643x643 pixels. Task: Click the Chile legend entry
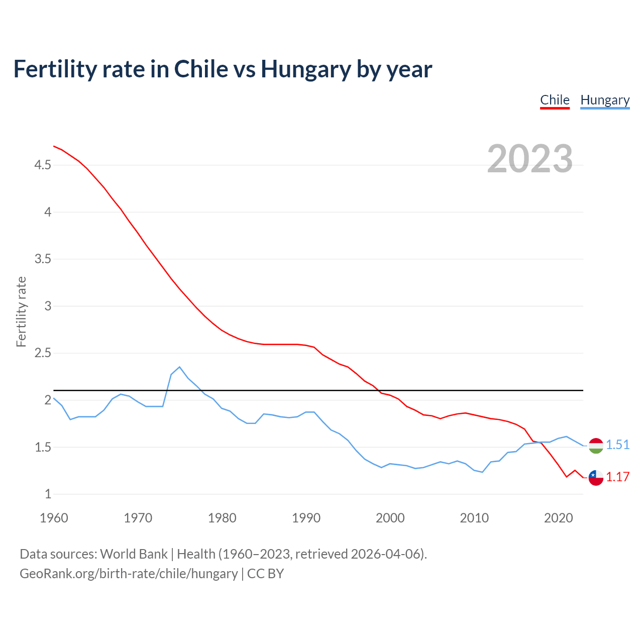(x=555, y=100)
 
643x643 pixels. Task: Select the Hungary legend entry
(x=605, y=100)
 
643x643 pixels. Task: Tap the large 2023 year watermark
(x=529, y=159)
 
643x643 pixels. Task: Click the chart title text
(x=223, y=69)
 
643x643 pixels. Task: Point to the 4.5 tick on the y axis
(x=43, y=165)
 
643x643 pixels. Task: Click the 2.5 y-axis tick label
(x=43, y=353)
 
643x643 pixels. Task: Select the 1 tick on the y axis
(x=48, y=494)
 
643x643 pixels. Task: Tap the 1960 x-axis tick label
(x=54, y=518)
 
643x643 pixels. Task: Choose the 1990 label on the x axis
(x=306, y=518)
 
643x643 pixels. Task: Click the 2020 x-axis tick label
(x=558, y=518)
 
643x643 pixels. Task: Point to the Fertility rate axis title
(x=21, y=311)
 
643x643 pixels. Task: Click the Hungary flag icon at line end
(x=596, y=446)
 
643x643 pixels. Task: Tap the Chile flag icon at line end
(x=596, y=478)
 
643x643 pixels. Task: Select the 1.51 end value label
(x=617, y=445)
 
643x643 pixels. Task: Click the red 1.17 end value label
(x=617, y=477)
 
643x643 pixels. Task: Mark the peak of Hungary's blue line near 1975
(x=179, y=367)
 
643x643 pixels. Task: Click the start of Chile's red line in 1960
(x=54, y=146)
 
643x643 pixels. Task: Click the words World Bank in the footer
(x=134, y=554)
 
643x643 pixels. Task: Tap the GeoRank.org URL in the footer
(x=129, y=574)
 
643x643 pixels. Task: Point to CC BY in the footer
(x=266, y=574)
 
